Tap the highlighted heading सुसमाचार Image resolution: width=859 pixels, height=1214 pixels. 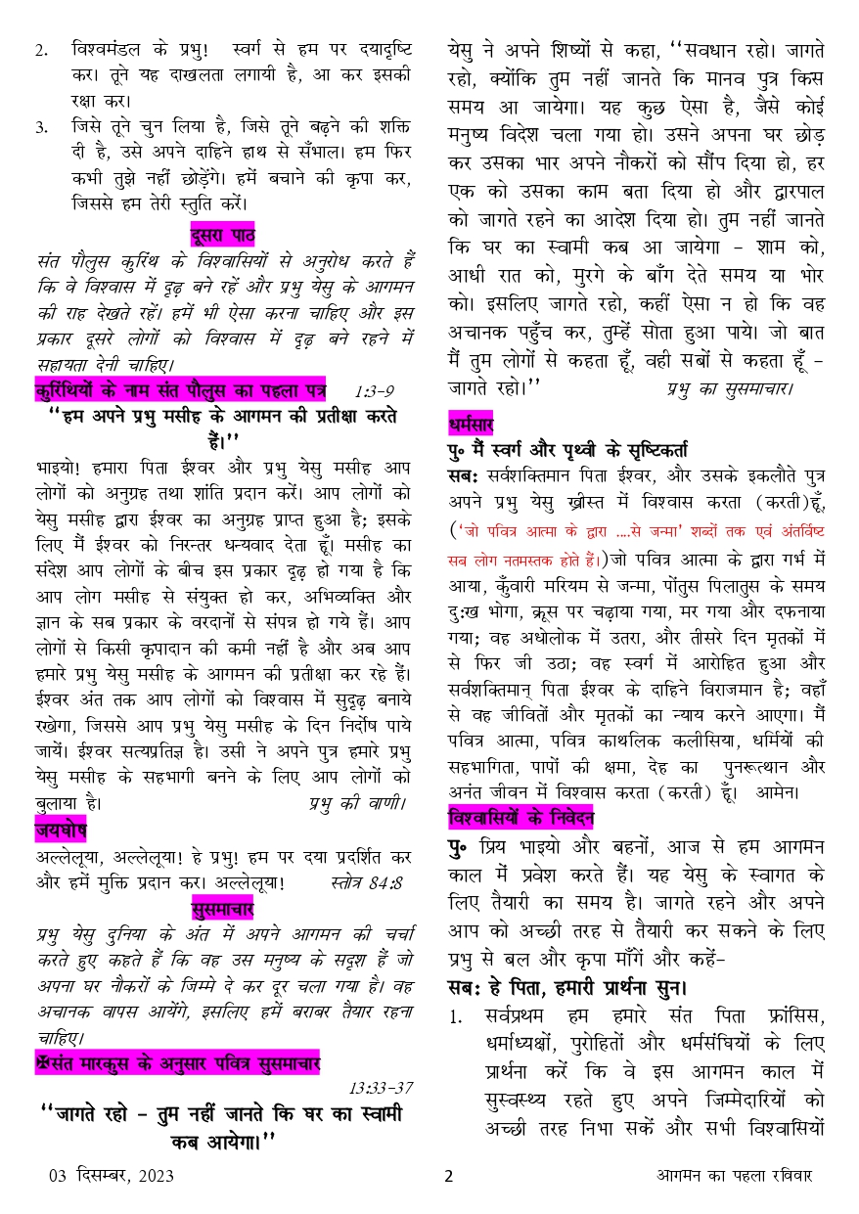[223, 910]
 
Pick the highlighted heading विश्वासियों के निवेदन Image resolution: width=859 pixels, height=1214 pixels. [520, 815]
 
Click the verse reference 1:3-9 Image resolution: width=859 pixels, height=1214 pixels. [375, 391]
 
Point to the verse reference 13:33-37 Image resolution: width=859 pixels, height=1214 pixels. [381, 1087]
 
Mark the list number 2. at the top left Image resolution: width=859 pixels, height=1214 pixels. [42, 49]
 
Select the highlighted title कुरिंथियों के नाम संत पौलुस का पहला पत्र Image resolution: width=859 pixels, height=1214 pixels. [180, 390]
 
